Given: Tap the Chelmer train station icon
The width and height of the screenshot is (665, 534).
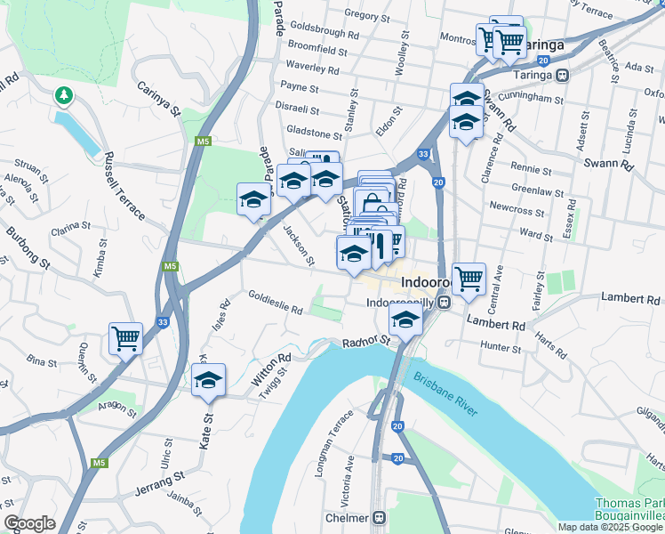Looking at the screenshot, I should click(380, 517).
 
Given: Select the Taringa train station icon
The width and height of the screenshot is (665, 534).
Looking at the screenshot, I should click(563, 76).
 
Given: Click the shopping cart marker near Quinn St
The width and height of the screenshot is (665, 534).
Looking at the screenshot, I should click(125, 339).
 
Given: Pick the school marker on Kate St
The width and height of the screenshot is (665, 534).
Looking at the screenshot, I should click(209, 380).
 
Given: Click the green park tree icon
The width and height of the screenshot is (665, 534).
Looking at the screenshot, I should click(63, 94).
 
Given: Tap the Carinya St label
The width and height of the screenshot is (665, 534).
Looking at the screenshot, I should click(159, 100).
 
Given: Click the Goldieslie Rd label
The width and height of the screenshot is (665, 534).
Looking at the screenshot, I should click(276, 303).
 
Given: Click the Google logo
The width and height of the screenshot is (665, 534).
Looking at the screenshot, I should click(29, 523).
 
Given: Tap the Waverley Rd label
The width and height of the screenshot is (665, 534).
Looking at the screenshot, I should click(313, 69).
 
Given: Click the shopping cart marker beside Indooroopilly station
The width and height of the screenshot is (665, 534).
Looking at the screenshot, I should click(468, 279).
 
